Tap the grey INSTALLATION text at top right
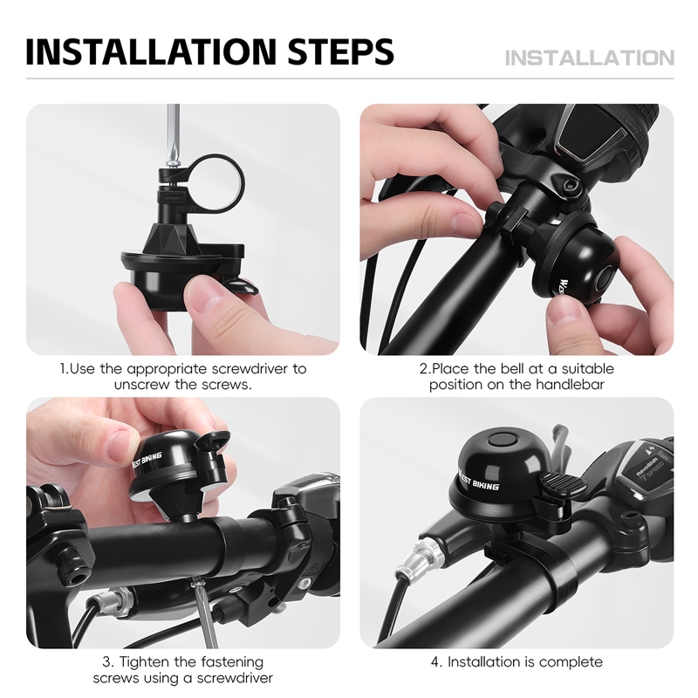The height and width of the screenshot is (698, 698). [590, 58]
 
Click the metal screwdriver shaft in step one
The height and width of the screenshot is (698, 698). [173, 133]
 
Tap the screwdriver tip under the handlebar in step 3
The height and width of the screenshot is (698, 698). [195, 581]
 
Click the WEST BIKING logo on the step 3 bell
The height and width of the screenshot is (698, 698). [147, 460]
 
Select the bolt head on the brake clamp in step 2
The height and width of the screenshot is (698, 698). [570, 186]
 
